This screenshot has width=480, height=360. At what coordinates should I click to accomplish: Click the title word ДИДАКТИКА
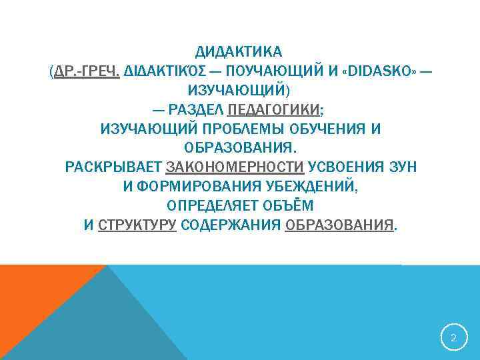point(239,51)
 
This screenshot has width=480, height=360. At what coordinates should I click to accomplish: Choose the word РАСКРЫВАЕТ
point(113,167)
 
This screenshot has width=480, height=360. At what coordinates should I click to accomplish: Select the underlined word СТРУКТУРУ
point(137,225)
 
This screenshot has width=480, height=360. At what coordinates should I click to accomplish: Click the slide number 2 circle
point(453,338)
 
